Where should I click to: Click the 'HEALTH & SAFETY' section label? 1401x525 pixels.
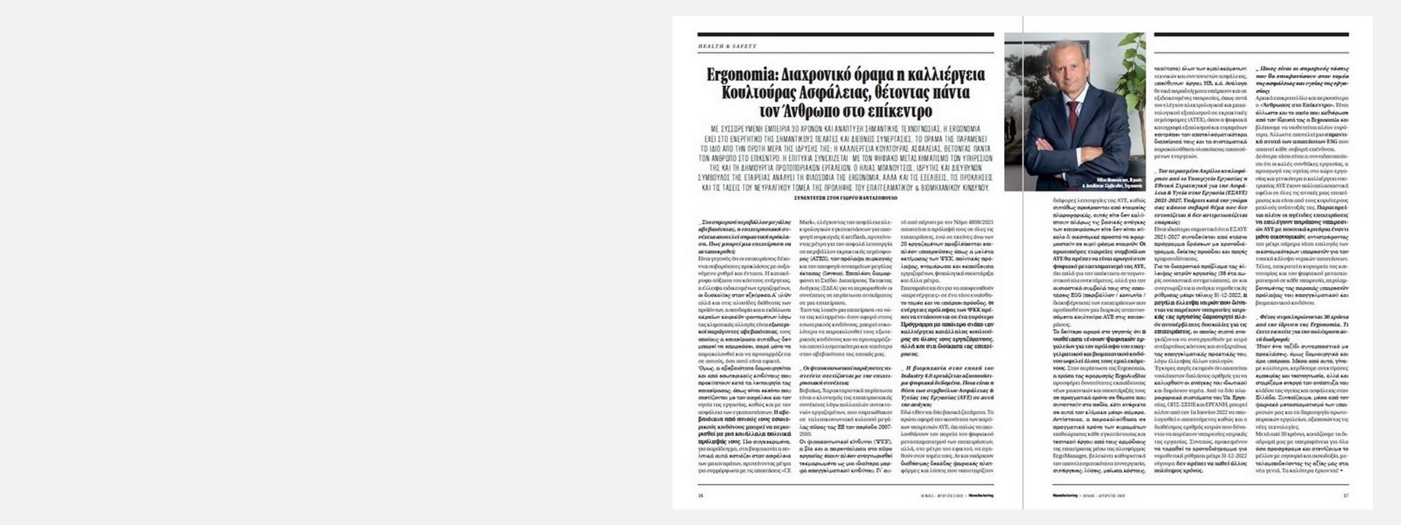(x=727, y=46)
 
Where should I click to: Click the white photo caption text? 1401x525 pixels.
(x=1116, y=181)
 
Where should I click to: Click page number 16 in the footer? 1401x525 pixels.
(x=700, y=495)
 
